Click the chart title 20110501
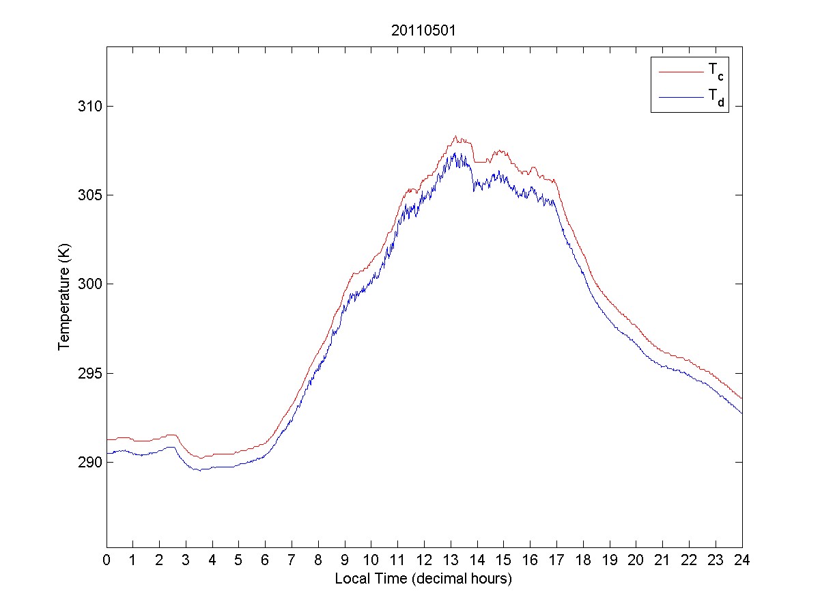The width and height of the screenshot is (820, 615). [424, 31]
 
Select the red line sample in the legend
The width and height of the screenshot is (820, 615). [680, 71]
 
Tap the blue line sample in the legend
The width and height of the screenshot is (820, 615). [680, 98]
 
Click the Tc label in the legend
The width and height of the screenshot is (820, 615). [716, 71]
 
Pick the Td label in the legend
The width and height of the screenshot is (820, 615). [716, 99]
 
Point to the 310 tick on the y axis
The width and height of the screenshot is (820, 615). [92, 107]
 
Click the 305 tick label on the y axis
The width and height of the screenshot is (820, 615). [92, 195]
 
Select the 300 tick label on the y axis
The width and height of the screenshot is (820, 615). [92, 284]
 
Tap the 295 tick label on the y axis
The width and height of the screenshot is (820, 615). [92, 373]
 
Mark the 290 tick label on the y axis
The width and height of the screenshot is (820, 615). [92, 463]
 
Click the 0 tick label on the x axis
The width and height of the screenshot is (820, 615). [107, 560]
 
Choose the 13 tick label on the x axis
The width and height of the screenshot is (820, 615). [451, 560]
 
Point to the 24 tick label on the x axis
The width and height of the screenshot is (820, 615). [742, 560]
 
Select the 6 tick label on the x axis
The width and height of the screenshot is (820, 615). [266, 560]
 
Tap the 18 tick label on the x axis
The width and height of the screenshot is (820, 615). [583, 560]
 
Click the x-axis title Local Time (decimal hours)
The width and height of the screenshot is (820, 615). [423, 579]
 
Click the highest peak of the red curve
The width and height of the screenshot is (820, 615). [455, 136]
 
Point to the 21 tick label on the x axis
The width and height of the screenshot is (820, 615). [662, 560]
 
